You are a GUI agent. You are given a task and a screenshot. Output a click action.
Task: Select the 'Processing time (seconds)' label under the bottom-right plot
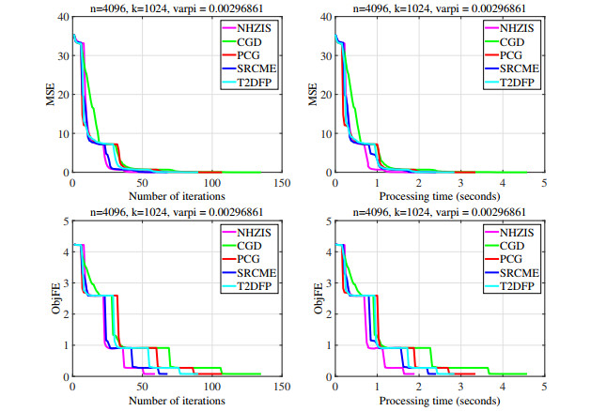click(x=438, y=403)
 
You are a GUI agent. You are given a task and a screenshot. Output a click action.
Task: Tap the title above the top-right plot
click(x=438, y=8)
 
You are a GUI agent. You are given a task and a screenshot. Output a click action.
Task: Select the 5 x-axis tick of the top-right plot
click(x=544, y=184)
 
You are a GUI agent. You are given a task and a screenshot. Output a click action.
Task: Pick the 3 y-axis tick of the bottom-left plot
click(x=63, y=283)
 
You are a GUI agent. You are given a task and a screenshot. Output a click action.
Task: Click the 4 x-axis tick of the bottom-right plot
click(x=502, y=388)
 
